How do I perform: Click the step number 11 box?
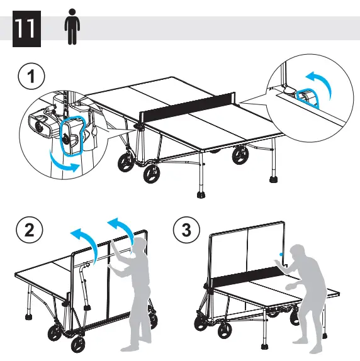point(26,30)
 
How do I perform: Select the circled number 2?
point(26,231)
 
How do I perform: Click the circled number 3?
point(186,231)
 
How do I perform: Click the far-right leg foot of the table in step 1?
point(274,179)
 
